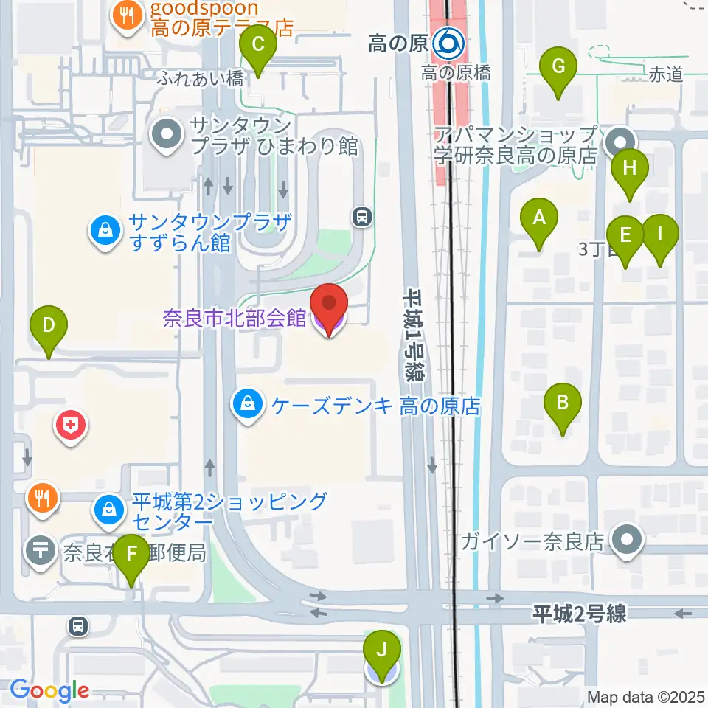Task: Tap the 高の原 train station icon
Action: [x=448, y=45]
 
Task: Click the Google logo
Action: [x=49, y=690]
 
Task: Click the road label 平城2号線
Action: [x=580, y=614]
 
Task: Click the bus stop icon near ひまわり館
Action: [x=361, y=217]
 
